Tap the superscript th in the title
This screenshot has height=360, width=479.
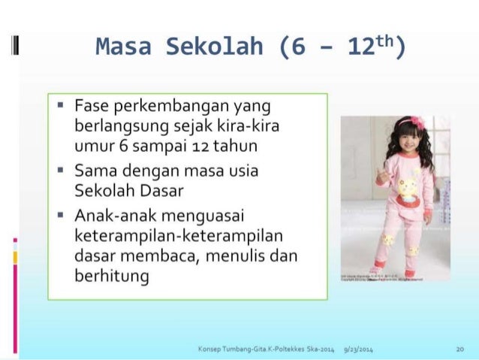(x=387, y=44)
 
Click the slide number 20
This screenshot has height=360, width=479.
(x=459, y=349)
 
